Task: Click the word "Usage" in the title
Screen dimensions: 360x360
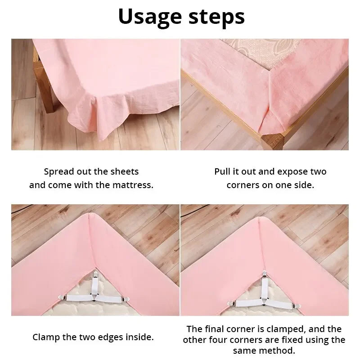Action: point(151,17)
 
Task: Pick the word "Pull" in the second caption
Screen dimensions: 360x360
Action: point(222,171)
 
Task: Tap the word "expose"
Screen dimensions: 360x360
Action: point(294,171)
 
